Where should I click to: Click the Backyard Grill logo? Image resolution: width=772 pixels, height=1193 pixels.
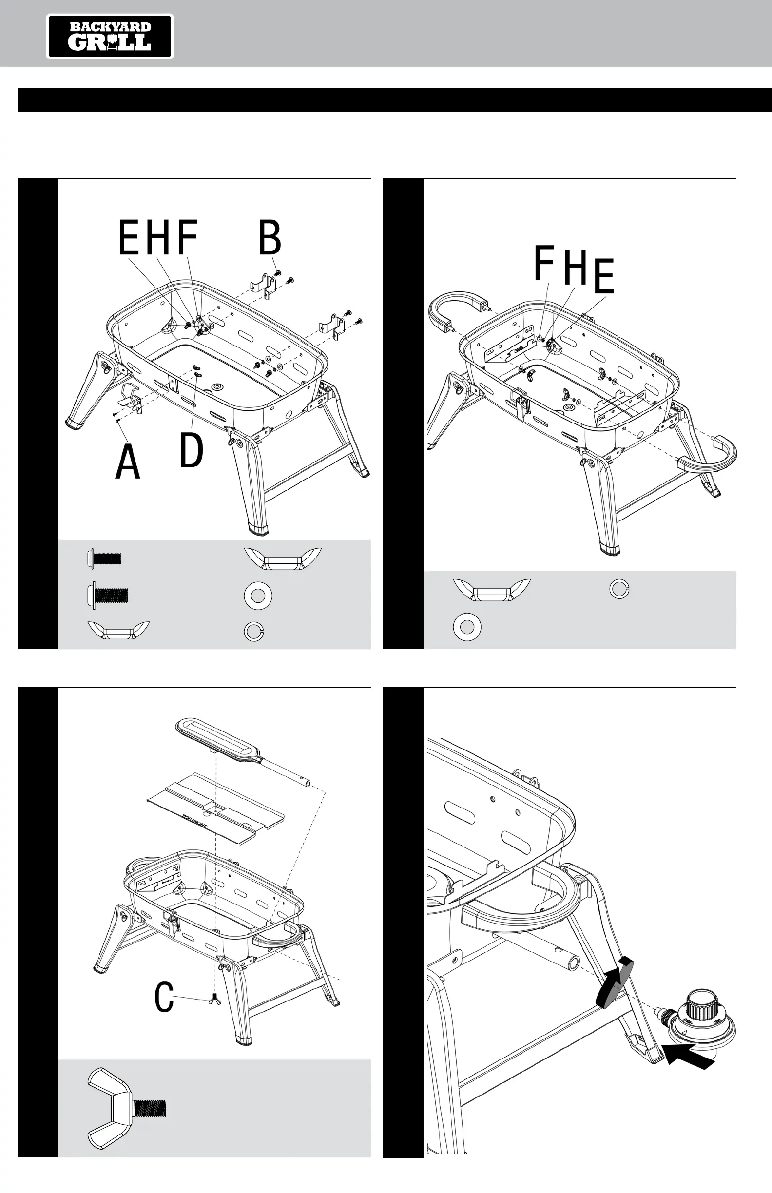point(110,37)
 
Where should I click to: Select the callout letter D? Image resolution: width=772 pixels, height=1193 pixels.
point(192,450)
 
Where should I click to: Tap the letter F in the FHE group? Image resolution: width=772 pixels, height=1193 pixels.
point(544,263)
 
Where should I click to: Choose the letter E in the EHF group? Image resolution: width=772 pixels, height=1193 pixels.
point(129,238)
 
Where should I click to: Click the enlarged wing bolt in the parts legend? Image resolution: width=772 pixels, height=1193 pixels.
point(125,1107)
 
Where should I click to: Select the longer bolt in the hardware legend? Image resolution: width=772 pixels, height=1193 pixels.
point(108,595)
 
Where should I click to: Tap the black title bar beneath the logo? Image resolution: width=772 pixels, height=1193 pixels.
point(394,99)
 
